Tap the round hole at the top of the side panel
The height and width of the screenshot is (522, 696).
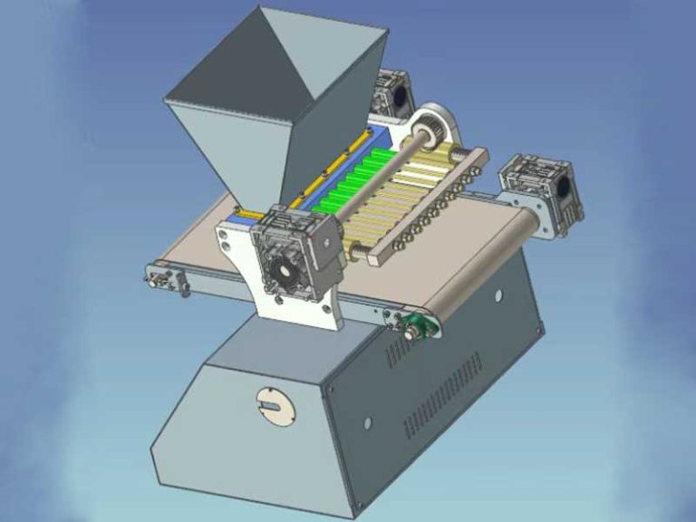point(498,295)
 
